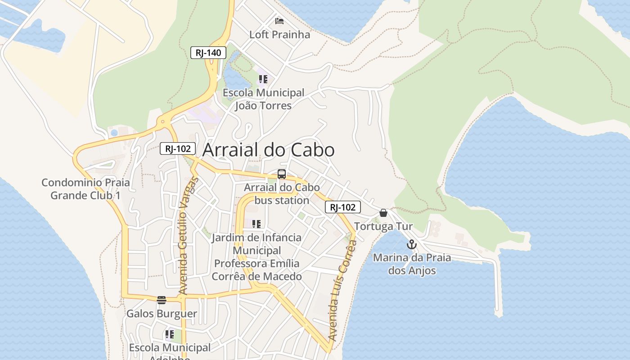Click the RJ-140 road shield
click(208, 53)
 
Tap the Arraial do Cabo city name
click(268, 150)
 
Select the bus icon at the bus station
click(282, 174)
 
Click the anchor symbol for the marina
click(411, 245)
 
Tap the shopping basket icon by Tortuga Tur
click(383, 213)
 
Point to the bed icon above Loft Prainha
click(279, 21)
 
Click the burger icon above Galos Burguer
click(162, 300)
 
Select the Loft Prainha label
click(279, 35)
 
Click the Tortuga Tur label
click(383, 226)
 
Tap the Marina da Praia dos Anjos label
click(412, 264)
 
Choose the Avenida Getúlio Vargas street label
click(188, 236)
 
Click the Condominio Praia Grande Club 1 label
click(85, 189)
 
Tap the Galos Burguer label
click(162, 314)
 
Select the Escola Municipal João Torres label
click(264, 99)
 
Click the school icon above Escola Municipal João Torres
click(263, 80)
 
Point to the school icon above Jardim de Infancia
click(256, 224)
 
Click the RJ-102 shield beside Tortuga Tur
click(342, 207)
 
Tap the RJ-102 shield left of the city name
click(178, 148)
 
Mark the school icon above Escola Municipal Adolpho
click(169, 334)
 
